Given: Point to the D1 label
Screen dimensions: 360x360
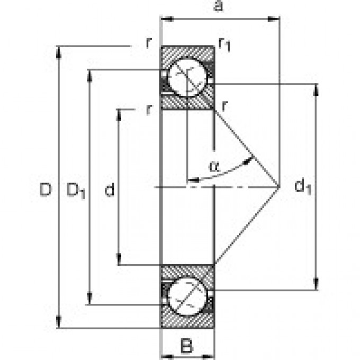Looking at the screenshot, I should pyautogui.click(x=76, y=190).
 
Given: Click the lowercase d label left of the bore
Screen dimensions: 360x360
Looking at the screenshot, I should pyautogui.click(x=109, y=190).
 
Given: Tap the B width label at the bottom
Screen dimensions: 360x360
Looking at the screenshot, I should pyautogui.click(x=186, y=347).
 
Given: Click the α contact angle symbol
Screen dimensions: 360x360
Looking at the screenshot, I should pyautogui.click(x=213, y=166).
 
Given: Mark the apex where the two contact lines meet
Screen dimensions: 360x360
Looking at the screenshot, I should pyautogui.click(x=280, y=186).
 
